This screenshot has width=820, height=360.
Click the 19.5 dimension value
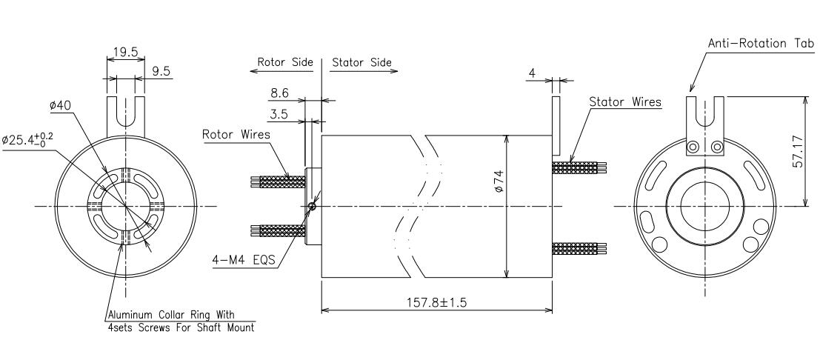[125, 52]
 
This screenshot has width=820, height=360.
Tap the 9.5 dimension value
[161, 71]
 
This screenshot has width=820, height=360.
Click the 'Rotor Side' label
[285, 62]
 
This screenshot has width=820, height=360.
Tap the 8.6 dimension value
[279, 93]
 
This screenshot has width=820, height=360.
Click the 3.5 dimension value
[279, 114]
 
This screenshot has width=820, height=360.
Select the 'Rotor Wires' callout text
[236, 135]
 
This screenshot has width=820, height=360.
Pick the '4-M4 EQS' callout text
[243, 259]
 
